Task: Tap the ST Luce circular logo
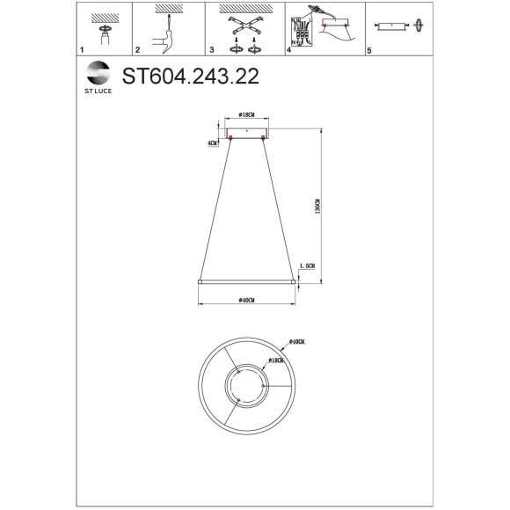94,71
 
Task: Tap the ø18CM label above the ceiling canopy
246,115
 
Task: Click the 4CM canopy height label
211,142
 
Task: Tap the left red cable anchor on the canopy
230,138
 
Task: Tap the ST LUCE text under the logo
94,89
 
